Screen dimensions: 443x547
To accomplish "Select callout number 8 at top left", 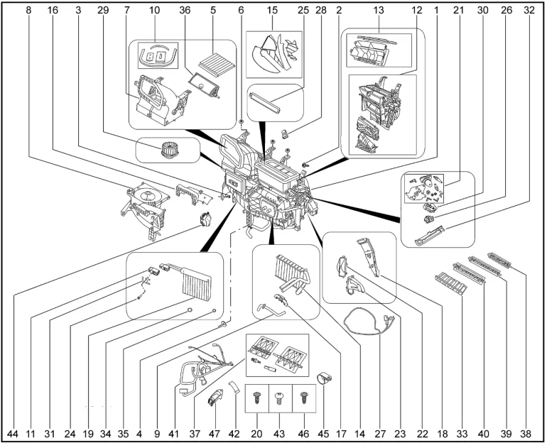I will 28,11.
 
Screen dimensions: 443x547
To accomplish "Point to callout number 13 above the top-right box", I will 378,11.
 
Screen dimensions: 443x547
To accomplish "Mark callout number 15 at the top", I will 272,11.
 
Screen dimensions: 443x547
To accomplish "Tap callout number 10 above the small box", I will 155,11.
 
